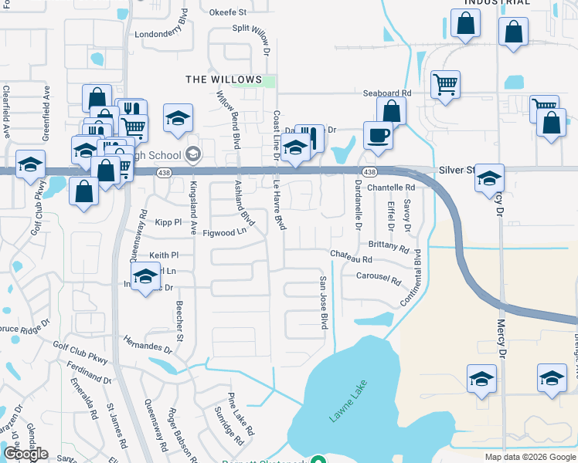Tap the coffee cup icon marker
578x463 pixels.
click(378, 136)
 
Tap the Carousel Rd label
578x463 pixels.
click(379, 279)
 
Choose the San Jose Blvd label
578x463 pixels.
click(325, 301)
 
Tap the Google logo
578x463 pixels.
click(25, 454)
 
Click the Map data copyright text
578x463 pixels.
click(530, 457)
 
